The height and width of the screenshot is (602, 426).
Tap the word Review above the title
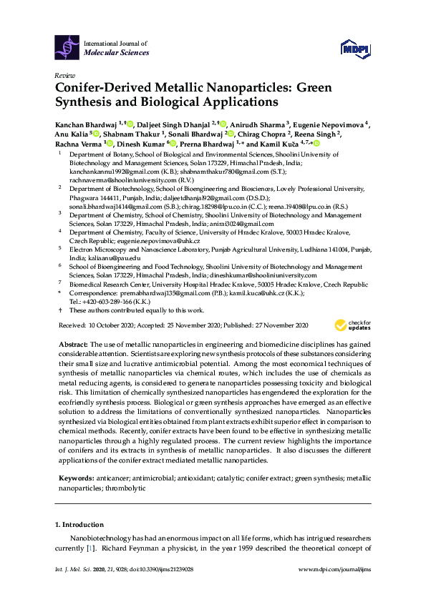point(64,75)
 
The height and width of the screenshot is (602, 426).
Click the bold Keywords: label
point(77,477)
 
